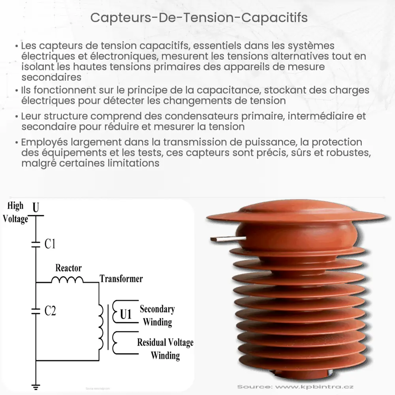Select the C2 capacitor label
(x=50, y=311)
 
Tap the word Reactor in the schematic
(x=68, y=268)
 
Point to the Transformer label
(x=121, y=279)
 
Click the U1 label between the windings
(x=126, y=314)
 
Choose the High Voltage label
(x=15, y=212)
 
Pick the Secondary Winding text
(x=157, y=315)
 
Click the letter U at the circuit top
(x=36, y=207)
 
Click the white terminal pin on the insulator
(x=227, y=239)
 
